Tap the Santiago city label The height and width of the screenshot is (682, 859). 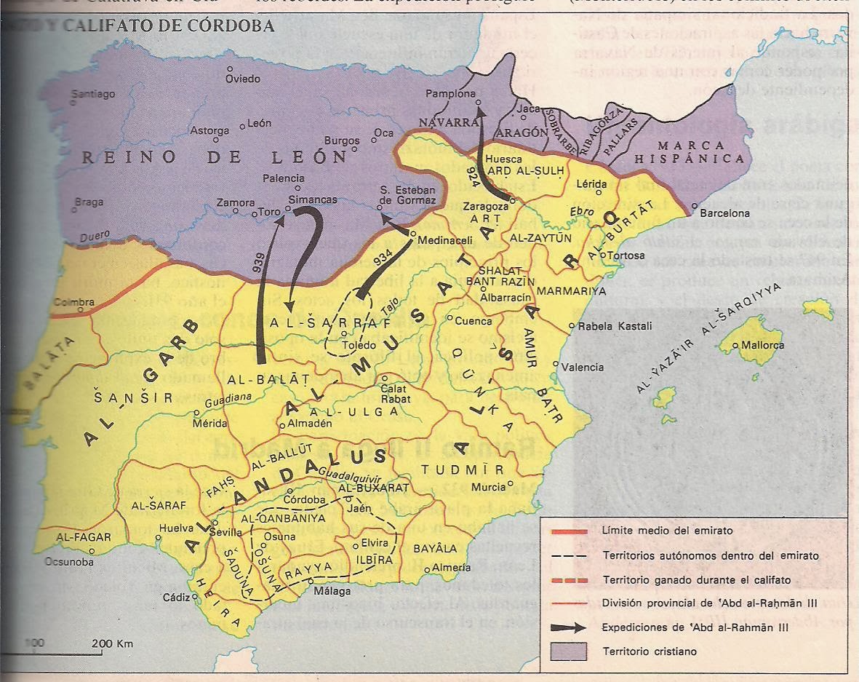(94, 94)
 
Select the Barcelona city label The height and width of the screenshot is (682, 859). (724, 213)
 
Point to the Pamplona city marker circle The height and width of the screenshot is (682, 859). (479, 104)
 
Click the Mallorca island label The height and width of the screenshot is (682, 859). (763, 345)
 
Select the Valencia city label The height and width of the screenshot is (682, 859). (583, 367)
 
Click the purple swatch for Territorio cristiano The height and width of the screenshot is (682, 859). (570, 651)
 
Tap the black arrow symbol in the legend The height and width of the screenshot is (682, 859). (570, 627)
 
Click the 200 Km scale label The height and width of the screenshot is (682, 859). (113, 644)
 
